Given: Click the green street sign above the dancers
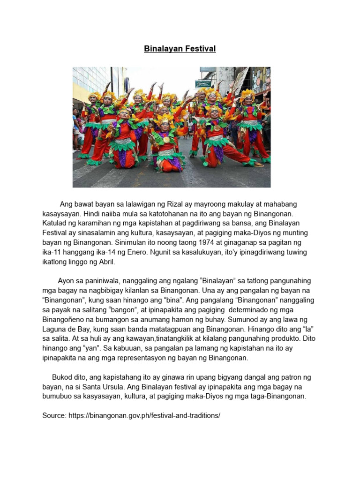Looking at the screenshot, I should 203,83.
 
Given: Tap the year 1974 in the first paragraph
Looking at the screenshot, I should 159,242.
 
